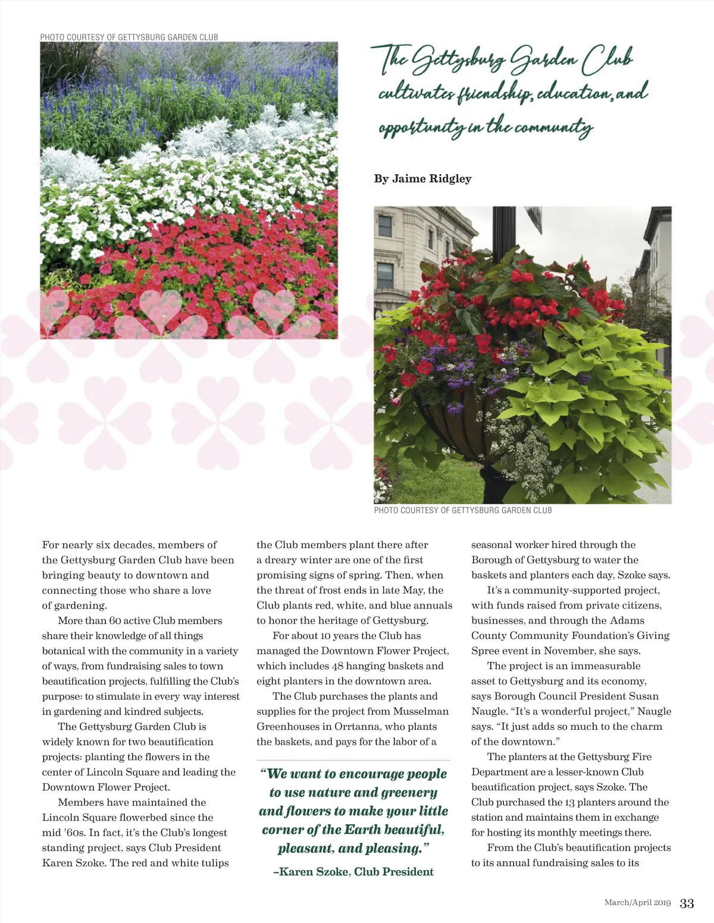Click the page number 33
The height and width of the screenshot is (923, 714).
click(x=687, y=903)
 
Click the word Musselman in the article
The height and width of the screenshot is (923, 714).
click(x=422, y=711)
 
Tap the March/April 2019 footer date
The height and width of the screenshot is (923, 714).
click(x=637, y=903)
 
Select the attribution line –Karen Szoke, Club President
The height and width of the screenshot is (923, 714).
click(x=353, y=871)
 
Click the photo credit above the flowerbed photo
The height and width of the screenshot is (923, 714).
click(x=129, y=37)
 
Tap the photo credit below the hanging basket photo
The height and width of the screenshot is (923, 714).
click(x=463, y=510)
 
